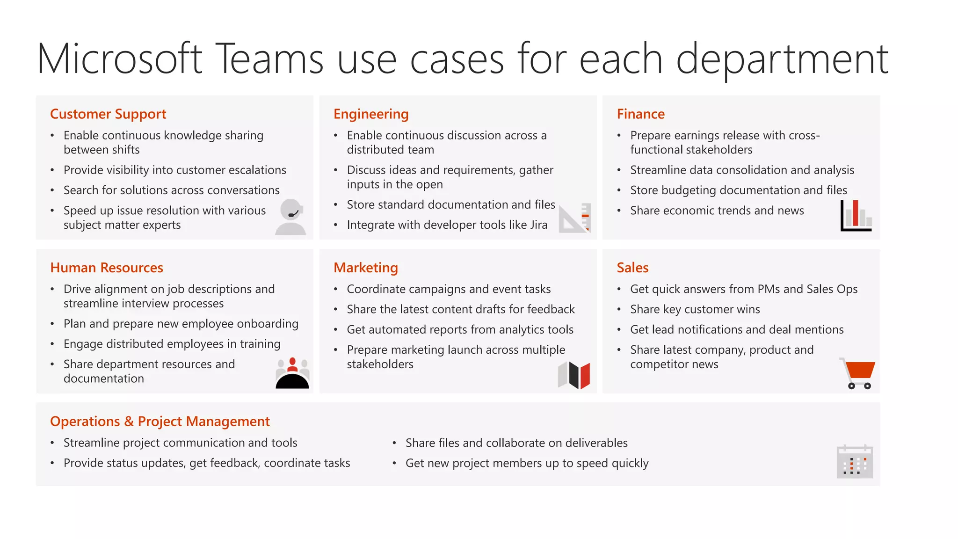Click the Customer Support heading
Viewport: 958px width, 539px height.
tap(108, 114)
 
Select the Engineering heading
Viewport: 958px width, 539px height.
tap(371, 114)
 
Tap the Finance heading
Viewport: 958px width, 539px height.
tap(640, 114)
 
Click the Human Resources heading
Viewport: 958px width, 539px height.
tap(107, 268)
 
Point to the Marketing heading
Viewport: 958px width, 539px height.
tap(365, 268)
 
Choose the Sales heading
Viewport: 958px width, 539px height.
tap(632, 268)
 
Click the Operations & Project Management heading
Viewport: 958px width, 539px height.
tap(160, 422)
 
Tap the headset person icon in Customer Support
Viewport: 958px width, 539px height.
tap(291, 217)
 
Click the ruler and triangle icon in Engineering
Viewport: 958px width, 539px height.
tap(576, 218)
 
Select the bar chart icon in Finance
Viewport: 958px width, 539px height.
tap(856, 216)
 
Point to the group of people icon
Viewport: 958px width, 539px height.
tap(292, 373)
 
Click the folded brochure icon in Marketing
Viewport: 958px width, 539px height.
tap(574, 375)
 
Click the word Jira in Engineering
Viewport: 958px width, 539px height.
tap(538, 225)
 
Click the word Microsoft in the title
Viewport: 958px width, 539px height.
tap(120, 59)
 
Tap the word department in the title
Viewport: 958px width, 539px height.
tap(782, 60)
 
